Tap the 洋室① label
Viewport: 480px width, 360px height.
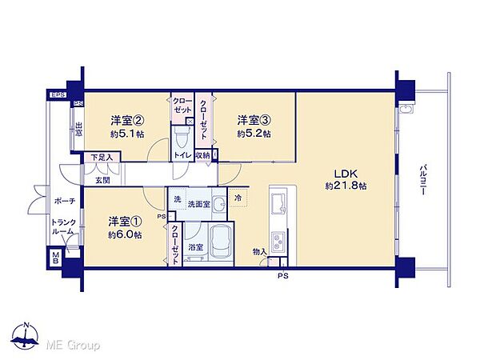(x=126, y=222)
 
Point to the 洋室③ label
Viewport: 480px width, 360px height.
(x=254, y=121)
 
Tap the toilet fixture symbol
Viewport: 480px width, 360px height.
(x=183, y=133)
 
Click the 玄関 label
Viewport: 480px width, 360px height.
(x=103, y=180)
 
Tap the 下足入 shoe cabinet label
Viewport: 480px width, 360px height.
(x=101, y=158)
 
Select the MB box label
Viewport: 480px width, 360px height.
(x=57, y=258)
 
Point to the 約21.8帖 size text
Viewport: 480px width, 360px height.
(x=346, y=186)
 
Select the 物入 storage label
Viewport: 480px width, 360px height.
(x=258, y=251)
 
